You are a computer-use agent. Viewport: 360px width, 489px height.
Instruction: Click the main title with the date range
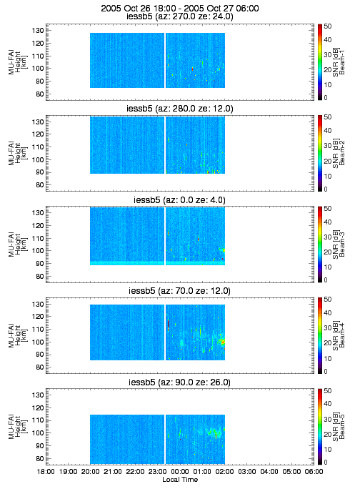pos(180,8)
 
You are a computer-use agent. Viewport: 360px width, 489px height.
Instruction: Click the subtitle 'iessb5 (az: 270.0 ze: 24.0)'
pos(180,16)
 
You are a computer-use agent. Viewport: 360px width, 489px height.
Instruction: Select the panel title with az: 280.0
pos(180,108)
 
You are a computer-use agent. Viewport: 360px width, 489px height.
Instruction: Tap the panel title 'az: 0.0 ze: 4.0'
pos(180,199)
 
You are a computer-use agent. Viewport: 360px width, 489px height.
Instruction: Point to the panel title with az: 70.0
pos(180,291)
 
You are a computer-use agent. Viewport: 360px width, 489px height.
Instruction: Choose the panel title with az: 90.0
pos(180,382)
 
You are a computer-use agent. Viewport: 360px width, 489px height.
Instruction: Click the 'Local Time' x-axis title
pos(180,479)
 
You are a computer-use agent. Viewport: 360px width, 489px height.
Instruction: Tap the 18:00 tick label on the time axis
pos(46,472)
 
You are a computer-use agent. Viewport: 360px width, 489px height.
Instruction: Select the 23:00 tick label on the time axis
pos(157,472)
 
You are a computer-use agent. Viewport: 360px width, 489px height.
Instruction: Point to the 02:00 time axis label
pos(224,472)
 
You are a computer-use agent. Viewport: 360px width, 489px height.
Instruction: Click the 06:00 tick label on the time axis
pos(314,472)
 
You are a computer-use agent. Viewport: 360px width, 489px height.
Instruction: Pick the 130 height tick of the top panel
pos(37,30)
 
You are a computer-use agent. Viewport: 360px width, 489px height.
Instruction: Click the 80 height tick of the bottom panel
pos(39,458)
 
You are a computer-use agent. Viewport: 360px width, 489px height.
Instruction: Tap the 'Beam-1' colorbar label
pos(342,61)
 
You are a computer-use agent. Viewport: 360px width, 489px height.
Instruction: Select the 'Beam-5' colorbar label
pos(342,426)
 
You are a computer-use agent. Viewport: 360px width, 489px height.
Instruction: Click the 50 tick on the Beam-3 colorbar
pos(327,208)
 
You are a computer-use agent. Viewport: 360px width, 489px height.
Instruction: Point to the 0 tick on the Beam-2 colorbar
pos(326,189)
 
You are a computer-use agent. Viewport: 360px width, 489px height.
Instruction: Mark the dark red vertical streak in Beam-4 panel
pos(168,325)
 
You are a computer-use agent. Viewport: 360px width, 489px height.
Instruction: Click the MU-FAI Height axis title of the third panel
pos(18,244)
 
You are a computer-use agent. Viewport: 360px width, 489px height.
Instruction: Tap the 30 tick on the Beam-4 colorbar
pos(327,327)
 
